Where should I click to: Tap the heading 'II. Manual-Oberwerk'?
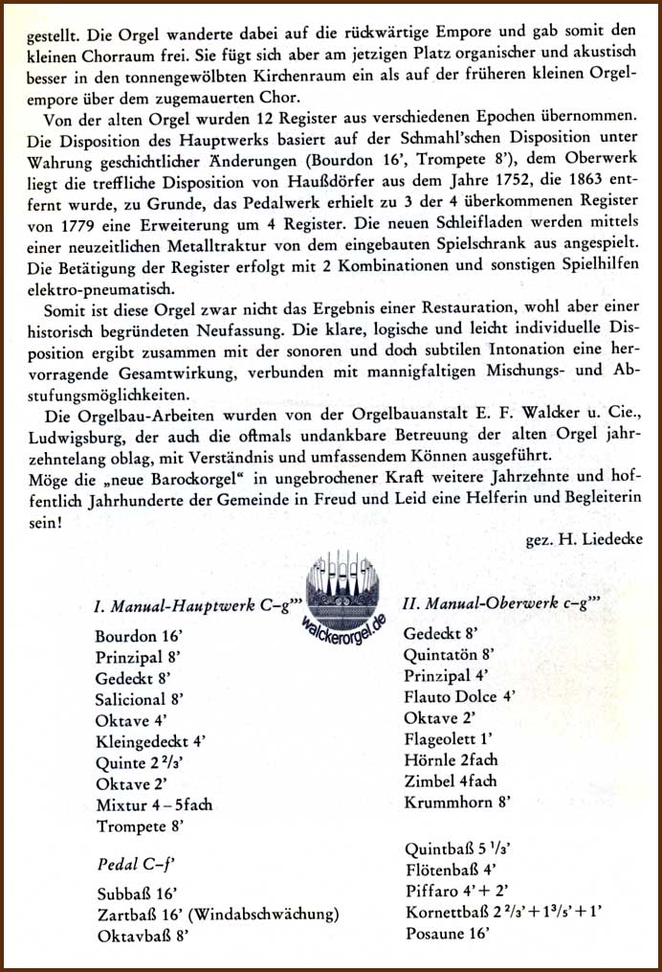click(501, 605)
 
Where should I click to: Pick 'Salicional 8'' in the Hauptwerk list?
click(140, 699)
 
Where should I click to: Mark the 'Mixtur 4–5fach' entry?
click(154, 804)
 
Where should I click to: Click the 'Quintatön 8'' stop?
click(448, 655)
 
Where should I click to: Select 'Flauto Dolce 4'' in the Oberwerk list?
click(460, 697)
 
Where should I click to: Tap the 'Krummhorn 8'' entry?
click(452, 802)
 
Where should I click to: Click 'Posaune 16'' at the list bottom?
click(443, 932)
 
